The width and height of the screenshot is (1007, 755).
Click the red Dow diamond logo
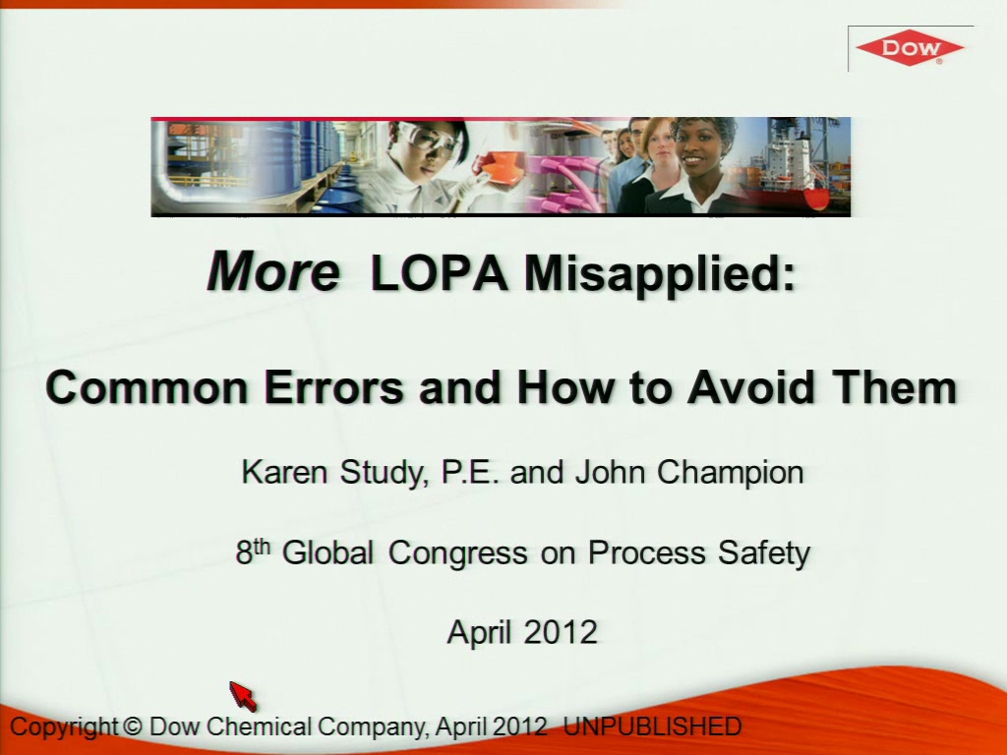point(910,47)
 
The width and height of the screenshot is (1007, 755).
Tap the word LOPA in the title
point(440,272)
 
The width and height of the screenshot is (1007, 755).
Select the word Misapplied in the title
point(660,272)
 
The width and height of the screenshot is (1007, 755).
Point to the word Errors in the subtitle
point(334,387)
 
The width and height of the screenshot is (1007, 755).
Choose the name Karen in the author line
point(284,472)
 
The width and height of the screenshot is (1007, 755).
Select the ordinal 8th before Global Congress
point(253,552)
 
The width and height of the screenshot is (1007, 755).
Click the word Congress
point(458,552)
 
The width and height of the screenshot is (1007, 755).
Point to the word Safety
point(763,552)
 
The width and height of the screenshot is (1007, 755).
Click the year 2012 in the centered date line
point(561,632)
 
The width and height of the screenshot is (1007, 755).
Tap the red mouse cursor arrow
point(243,696)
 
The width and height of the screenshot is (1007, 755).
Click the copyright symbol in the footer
point(132,726)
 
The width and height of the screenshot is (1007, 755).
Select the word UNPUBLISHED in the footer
point(653,726)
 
